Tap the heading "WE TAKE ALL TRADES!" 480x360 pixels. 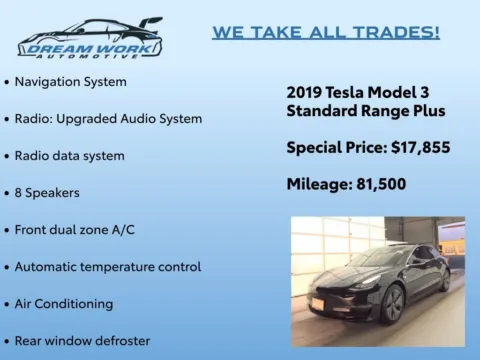coord(326,32)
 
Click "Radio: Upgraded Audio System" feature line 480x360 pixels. coord(108,118)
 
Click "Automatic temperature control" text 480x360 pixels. coord(108,267)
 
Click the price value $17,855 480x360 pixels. coord(418,148)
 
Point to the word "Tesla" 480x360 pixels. coord(350,91)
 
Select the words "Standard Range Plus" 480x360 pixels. coord(366,110)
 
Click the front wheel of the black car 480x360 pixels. coord(391,303)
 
